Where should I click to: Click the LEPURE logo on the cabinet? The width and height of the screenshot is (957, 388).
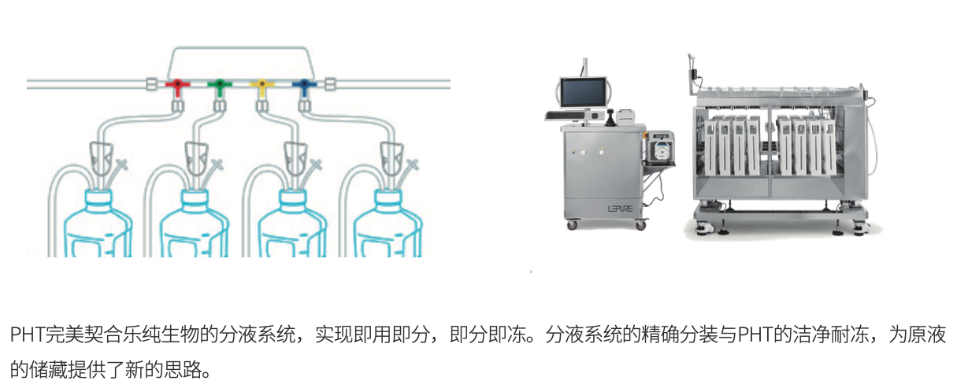(621, 209)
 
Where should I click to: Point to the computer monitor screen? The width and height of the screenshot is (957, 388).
(583, 93)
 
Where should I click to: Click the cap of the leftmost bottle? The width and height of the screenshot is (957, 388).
(98, 200)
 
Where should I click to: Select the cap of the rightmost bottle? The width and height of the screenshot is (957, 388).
(388, 200)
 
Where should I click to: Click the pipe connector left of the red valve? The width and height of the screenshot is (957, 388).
(152, 84)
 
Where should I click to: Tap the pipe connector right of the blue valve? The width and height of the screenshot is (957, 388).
(330, 84)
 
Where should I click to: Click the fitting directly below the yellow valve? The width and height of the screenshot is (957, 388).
(262, 105)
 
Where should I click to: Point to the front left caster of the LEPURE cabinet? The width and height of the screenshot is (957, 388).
(572, 224)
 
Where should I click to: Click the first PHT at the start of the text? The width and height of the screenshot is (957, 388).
(28, 334)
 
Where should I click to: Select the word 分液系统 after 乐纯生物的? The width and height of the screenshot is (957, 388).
(258, 334)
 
